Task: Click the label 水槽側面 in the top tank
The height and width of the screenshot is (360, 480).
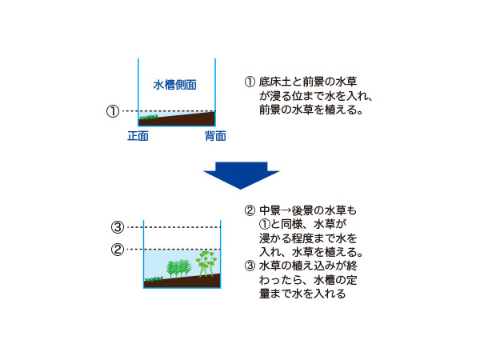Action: click(x=175, y=84)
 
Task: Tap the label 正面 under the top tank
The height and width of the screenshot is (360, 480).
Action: click(x=138, y=136)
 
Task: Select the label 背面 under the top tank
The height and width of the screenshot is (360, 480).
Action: click(x=214, y=136)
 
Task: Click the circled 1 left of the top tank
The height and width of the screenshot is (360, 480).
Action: click(x=113, y=111)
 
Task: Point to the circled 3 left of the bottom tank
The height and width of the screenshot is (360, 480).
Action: click(x=117, y=226)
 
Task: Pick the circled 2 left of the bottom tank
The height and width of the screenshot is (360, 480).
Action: click(x=117, y=249)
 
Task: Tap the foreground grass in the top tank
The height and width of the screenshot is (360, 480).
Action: click(x=149, y=118)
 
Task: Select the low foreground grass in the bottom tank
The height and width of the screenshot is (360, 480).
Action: click(x=151, y=279)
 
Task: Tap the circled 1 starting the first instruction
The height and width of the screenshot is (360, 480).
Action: click(x=250, y=82)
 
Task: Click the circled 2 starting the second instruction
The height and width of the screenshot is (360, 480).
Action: click(x=250, y=210)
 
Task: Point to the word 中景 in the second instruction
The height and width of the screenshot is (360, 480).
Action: click(x=269, y=210)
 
